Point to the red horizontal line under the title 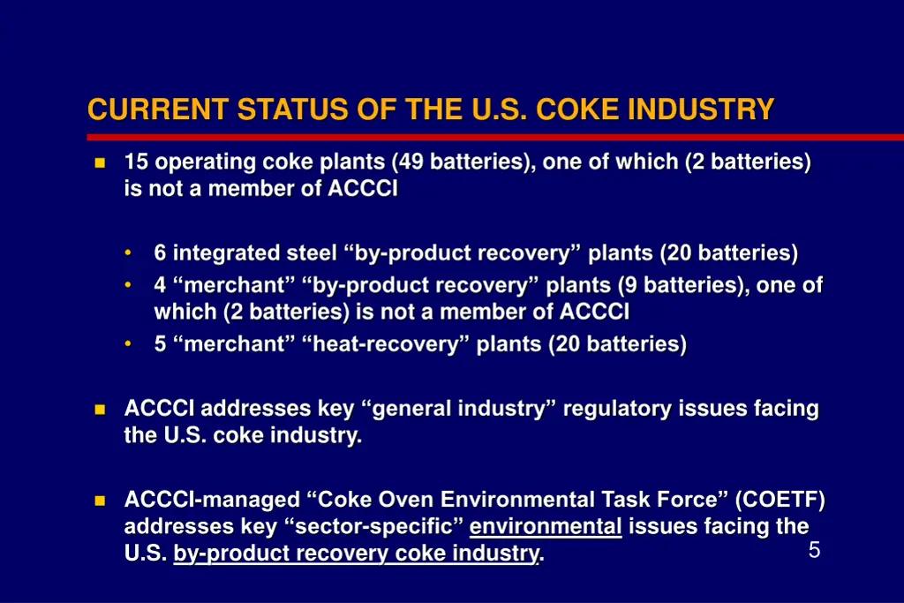coord(494,137)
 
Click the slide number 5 coord(814,550)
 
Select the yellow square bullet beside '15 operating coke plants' coord(99,163)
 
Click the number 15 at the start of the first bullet coord(136,162)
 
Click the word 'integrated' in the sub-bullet coord(227,253)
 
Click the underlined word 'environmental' coord(546,527)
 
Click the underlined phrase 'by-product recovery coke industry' coord(356,554)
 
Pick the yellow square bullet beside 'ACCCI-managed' coord(99,501)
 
